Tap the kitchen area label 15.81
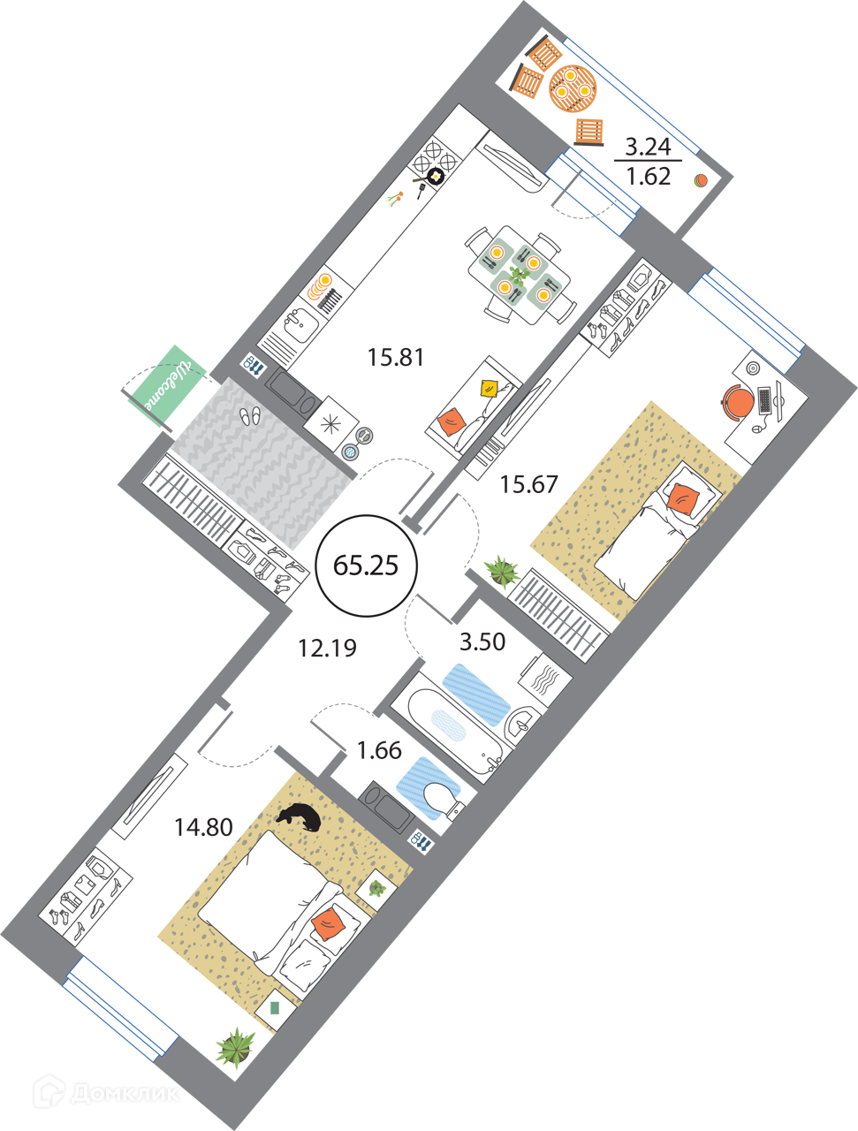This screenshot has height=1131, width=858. (397, 358)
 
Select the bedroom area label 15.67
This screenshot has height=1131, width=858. (529, 484)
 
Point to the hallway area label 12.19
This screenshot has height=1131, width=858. (327, 649)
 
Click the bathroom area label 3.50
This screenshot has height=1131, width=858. (482, 641)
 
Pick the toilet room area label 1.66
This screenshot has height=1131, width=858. (379, 750)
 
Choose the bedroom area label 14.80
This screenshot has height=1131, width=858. (203, 828)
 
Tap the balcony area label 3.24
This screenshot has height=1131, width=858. (648, 146)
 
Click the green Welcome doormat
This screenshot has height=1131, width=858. (166, 385)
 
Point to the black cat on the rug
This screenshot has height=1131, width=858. (299, 817)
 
